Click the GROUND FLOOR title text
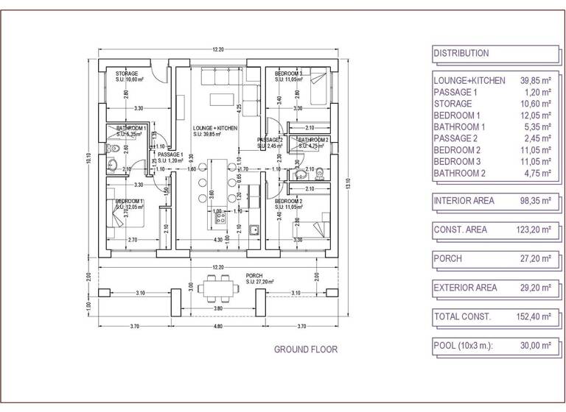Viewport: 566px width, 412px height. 305,349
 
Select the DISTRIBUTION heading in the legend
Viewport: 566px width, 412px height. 461,53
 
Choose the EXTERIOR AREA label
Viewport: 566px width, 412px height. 465,288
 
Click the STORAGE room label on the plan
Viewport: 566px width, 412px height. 127,74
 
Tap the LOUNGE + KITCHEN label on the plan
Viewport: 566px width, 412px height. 214,128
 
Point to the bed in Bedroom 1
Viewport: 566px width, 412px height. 125,214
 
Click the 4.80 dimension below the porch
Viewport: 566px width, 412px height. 217,325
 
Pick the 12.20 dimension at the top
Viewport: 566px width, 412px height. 217,49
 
